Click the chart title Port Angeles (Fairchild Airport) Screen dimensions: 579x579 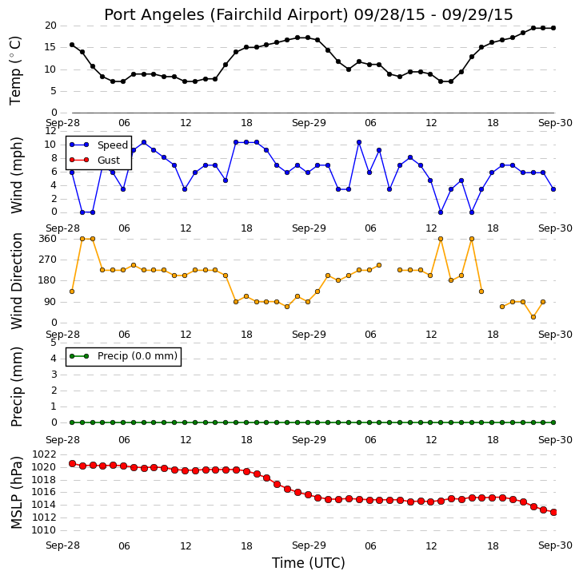(226, 15)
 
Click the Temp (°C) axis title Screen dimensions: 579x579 (15, 70)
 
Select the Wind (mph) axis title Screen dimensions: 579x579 (16, 175)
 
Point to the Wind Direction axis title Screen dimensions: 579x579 (16, 281)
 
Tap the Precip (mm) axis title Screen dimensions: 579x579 (16, 387)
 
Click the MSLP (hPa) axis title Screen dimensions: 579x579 (16, 493)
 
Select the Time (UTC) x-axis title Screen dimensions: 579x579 (309, 563)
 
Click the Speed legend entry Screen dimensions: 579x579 (98, 145)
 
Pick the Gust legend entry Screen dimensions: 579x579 (94, 160)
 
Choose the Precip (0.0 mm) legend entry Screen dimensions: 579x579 (123, 356)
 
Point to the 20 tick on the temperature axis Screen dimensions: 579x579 (50, 26)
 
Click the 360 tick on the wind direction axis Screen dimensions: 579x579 (48, 239)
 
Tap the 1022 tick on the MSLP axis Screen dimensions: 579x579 (45, 454)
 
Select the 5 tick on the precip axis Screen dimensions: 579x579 (54, 343)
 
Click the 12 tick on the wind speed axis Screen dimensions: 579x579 (50, 131)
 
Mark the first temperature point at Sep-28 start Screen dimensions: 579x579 (72, 45)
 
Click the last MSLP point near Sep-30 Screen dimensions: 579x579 (553, 512)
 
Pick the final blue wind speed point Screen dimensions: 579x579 (553, 189)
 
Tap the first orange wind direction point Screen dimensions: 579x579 (72, 291)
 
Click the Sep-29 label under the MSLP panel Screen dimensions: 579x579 (309, 545)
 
